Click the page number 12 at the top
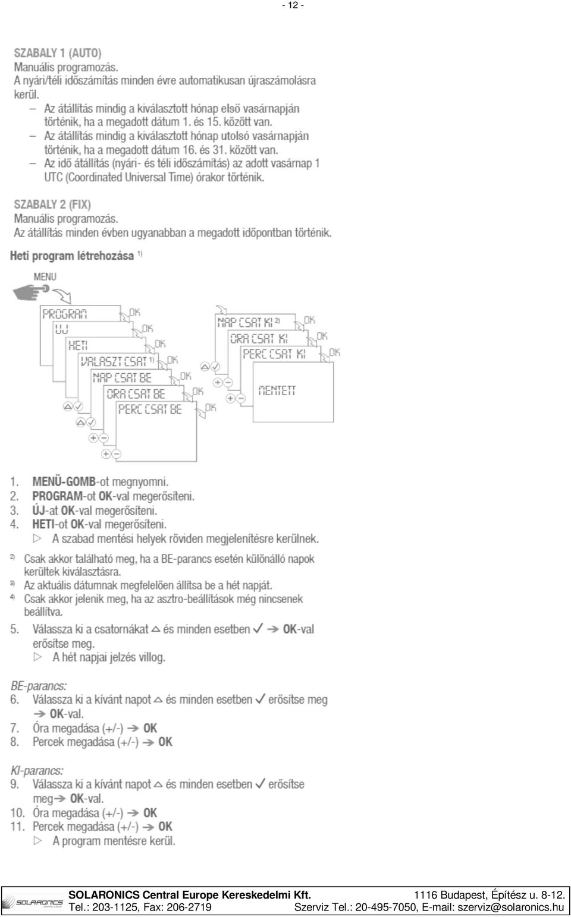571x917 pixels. (293, 5)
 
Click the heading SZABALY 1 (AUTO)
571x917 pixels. (58, 53)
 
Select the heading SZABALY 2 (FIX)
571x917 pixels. (52, 204)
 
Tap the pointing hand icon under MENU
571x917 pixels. (31, 292)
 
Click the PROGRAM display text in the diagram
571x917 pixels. (65, 314)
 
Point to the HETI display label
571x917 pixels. (78, 345)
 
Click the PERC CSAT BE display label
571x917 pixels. (150, 409)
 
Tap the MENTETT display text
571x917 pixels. (277, 390)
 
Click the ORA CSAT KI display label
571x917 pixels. (259, 339)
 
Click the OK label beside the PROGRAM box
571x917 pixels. (134, 313)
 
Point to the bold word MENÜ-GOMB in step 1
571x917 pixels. (64, 481)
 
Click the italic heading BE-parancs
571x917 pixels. (39, 686)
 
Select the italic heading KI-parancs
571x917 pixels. (37, 771)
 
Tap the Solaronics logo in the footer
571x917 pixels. (33, 902)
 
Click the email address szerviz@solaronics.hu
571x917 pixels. (511, 907)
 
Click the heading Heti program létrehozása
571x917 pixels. (72, 256)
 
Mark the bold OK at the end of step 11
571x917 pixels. (165, 827)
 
